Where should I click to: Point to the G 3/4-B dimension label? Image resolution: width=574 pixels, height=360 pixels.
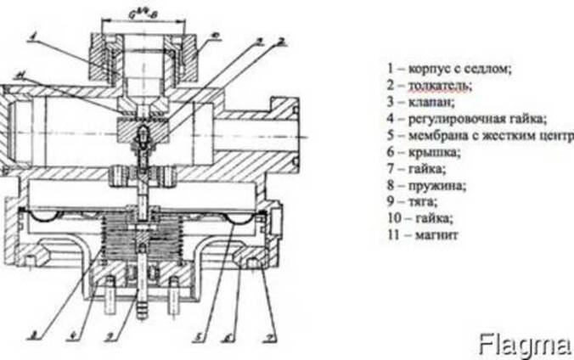click(x=145, y=11)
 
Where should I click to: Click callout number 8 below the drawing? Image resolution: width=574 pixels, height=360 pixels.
click(x=31, y=335)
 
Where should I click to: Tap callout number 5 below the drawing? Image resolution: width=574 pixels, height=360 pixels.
click(x=196, y=336)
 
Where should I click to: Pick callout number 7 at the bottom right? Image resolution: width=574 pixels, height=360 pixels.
click(x=267, y=336)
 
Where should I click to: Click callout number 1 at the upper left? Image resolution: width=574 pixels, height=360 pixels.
click(x=31, y=36)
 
